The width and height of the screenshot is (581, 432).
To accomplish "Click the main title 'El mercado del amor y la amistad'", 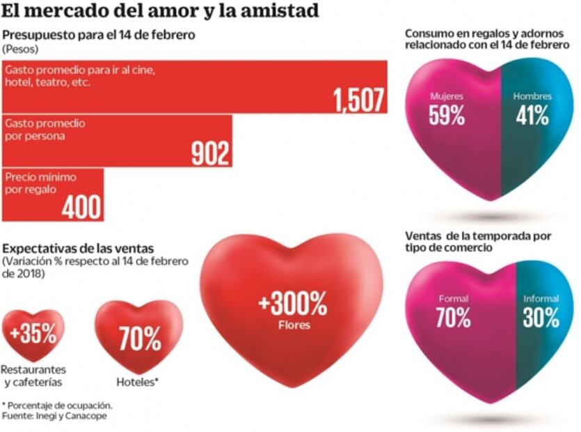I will (x=161, y=11).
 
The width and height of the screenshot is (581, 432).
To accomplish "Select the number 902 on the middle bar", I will (x=210, y=154).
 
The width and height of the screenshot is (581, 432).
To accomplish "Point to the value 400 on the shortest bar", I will (x=81, y=207).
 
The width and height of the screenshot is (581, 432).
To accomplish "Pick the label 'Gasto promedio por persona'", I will (x=45, y=129).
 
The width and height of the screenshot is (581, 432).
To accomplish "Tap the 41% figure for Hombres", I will (x=532, y=116).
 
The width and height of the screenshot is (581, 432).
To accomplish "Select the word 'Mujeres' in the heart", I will (x=447, y=97).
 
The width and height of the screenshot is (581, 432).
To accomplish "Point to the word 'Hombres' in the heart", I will (x=532, y=97).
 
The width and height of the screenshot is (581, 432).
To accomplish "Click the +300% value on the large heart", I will (x=292, y=304).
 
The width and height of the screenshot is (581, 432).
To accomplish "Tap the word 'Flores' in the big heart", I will (x=292, y=325).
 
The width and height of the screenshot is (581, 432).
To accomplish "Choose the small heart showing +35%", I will (x=33, y=333).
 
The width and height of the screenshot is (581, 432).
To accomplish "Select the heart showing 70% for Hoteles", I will (x=139, y=338).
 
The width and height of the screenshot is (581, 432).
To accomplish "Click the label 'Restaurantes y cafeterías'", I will (x=34, y=375).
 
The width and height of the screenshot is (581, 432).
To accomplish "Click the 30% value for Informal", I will (x=541, y=318).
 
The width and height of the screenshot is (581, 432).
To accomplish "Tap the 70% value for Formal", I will (x=453, y=318).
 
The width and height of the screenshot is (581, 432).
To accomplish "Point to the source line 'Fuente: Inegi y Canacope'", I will (x=50, y=416).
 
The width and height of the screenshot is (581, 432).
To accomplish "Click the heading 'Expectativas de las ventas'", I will (x=79, y=249).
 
